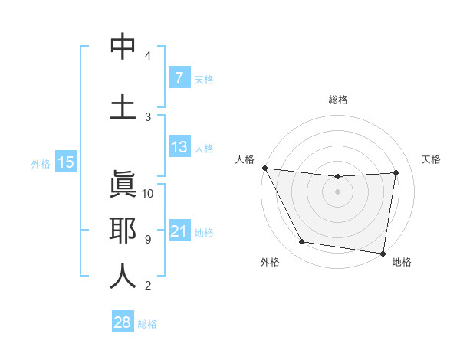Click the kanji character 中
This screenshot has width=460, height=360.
(123, 47)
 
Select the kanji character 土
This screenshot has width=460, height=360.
(123, 106)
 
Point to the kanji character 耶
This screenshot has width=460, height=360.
(123, 229)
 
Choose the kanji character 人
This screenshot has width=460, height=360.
(123, 275)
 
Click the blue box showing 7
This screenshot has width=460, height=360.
(179, 77)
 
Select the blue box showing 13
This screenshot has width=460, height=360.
(179, 147)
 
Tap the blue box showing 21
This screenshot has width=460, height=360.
(179, 231)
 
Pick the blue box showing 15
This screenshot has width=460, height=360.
(66, 162)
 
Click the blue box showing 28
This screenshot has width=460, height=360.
(123, 322)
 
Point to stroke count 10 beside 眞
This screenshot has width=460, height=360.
(148, 194)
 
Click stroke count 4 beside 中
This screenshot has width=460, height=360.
(148, 56)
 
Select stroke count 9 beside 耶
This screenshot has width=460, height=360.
(148, 240)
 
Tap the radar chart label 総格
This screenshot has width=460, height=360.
(337, 100)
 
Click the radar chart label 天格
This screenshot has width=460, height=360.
(432, 159)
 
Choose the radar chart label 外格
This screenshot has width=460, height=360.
(270, 262)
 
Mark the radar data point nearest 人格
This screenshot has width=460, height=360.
(265, 168)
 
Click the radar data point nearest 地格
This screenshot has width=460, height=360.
(383, 253)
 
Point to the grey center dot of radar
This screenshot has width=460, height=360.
(337, 191)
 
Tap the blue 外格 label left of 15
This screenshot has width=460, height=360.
(41, 163)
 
